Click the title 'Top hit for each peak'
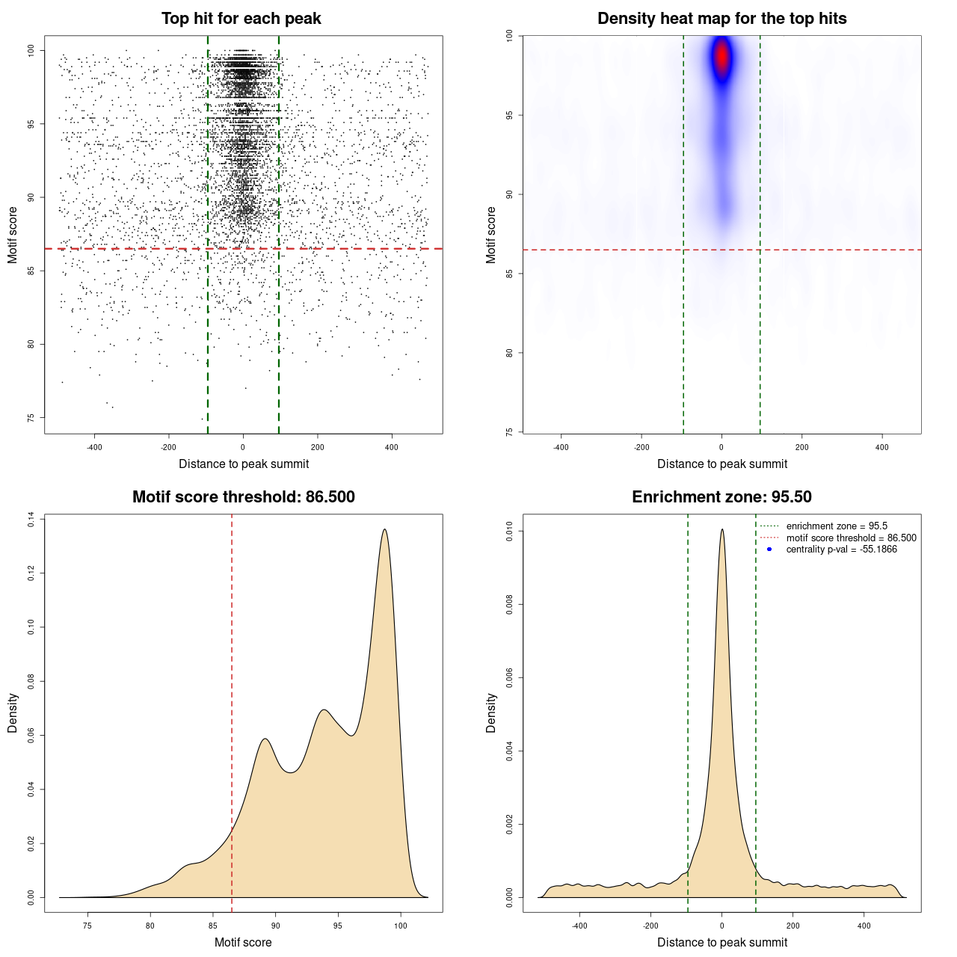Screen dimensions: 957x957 tap(241, 19)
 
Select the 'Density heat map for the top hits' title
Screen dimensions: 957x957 tap(721, 19)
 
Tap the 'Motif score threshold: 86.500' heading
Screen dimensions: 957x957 tap(243, 497)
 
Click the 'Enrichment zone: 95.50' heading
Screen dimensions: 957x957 tap(721, 497)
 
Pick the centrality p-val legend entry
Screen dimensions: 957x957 tap(841, 550)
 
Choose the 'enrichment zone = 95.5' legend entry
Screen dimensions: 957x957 tap(836, 526)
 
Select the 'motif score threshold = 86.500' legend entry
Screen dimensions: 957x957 tap(851, 538)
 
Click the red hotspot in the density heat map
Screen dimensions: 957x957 tap(721, 57)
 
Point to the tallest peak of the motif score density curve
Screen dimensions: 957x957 tap(384, 529)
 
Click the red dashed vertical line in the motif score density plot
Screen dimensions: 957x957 tap(232, 710)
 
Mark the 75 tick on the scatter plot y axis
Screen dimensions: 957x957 tap(31, 417)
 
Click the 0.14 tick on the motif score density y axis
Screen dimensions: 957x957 tap(31, 520)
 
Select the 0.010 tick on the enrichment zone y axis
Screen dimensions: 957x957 tap(510, 532)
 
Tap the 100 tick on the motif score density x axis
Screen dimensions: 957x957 tap(401, 926)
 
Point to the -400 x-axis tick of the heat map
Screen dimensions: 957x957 tap(561, 447)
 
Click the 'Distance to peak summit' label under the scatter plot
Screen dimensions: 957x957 tap(244, 464)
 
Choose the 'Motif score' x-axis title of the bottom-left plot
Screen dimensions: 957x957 tap(243, 943)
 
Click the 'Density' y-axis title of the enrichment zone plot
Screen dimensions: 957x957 tap(491, 713)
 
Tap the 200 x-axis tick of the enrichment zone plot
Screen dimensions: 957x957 tap(793, 926)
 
